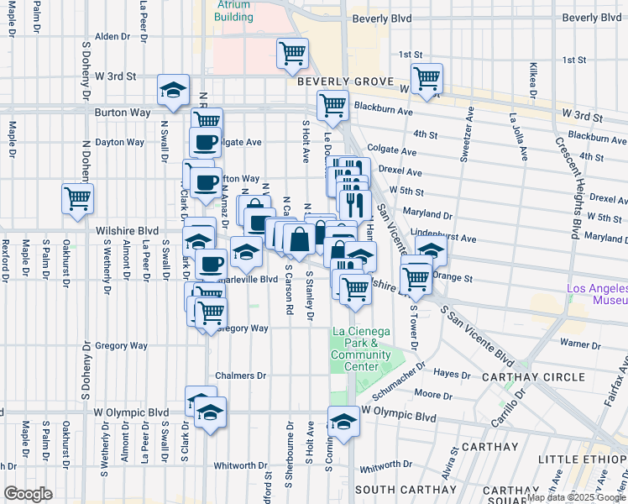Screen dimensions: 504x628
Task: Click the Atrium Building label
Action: point(233,11)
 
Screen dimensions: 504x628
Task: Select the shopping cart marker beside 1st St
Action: point(427,79)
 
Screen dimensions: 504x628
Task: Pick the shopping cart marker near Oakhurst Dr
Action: point(77,200)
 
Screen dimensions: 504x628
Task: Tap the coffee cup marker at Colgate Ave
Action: point(205,141)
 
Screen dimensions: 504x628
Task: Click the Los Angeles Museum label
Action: point(597,294)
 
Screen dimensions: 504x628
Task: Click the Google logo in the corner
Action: point(28,494)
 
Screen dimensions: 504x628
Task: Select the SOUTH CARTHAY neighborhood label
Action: point(398,488)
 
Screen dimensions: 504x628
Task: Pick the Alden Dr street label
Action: point(113,36)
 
